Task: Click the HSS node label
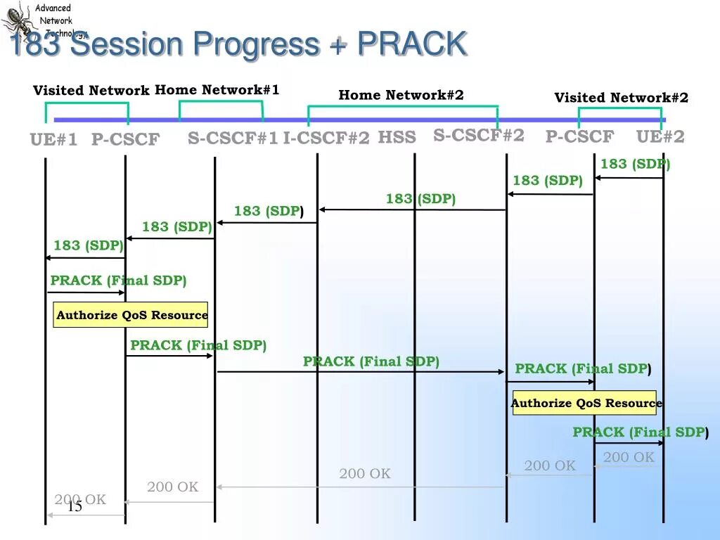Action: tap(397, 137)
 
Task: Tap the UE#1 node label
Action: tap(53, 139)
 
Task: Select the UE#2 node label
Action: tap(660, 136)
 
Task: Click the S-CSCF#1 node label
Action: tap(233, 139)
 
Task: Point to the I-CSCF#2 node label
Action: tap(326, 139)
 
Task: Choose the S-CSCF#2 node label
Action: tap(479, 135)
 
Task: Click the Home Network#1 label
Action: tap(217, 90)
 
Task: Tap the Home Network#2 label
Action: tap(401, 95)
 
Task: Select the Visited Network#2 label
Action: tap(622, 98)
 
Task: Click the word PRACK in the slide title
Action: tap(412, 44)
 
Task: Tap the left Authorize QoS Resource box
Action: tap(131, 315)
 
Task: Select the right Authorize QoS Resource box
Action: tap(585, 403)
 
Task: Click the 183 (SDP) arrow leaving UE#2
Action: tap(629, 178)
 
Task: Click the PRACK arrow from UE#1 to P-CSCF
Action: tap(86, 292)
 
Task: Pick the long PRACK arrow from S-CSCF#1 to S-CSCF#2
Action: tap(361, 371)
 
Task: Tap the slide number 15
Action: tap(75, 506)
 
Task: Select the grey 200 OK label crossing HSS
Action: tap(365, 474)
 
